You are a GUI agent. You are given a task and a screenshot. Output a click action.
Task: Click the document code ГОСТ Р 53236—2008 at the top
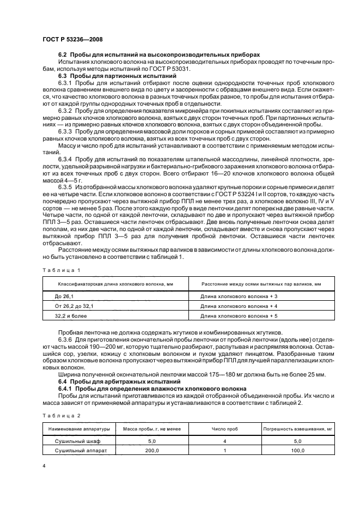72,39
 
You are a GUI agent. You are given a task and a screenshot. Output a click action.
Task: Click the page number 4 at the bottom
44,467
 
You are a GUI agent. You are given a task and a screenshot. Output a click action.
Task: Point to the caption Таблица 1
61,270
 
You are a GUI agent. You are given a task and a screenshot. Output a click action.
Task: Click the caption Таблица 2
61,415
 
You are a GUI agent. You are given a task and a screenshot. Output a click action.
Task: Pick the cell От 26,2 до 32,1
74,306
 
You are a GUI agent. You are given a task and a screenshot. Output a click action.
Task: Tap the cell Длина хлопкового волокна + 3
239,295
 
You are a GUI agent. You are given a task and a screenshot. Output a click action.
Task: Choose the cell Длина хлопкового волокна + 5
239,316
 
